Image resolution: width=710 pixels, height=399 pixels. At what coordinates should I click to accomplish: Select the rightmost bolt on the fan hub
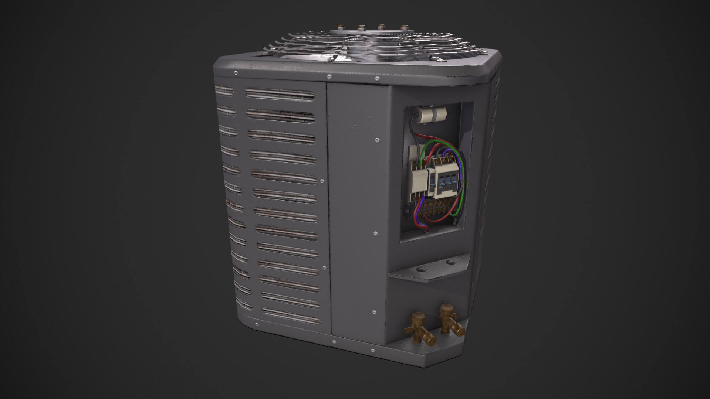point(403,27)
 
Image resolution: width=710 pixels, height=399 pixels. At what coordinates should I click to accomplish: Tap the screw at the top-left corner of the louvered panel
point(236,73)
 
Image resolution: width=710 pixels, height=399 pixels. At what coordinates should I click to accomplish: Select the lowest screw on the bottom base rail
point(334,342)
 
